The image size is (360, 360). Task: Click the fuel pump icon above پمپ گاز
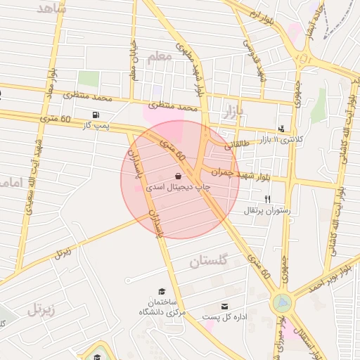(x=96, y=115)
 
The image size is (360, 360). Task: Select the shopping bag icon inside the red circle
(x=178, y=176)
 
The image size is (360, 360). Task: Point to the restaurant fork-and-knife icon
(x=267, y=199)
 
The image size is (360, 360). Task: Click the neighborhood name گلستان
(x=210, y=262)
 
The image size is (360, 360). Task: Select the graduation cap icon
(x=161, y=291)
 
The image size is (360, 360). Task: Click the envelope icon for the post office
(x=224, y=307)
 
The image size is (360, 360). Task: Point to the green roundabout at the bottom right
(x=282, y=303)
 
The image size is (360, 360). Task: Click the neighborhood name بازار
(x=231, y=110)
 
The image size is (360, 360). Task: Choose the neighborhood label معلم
(x=159, y=58)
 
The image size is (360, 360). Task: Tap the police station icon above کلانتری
(x=281, y=129)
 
